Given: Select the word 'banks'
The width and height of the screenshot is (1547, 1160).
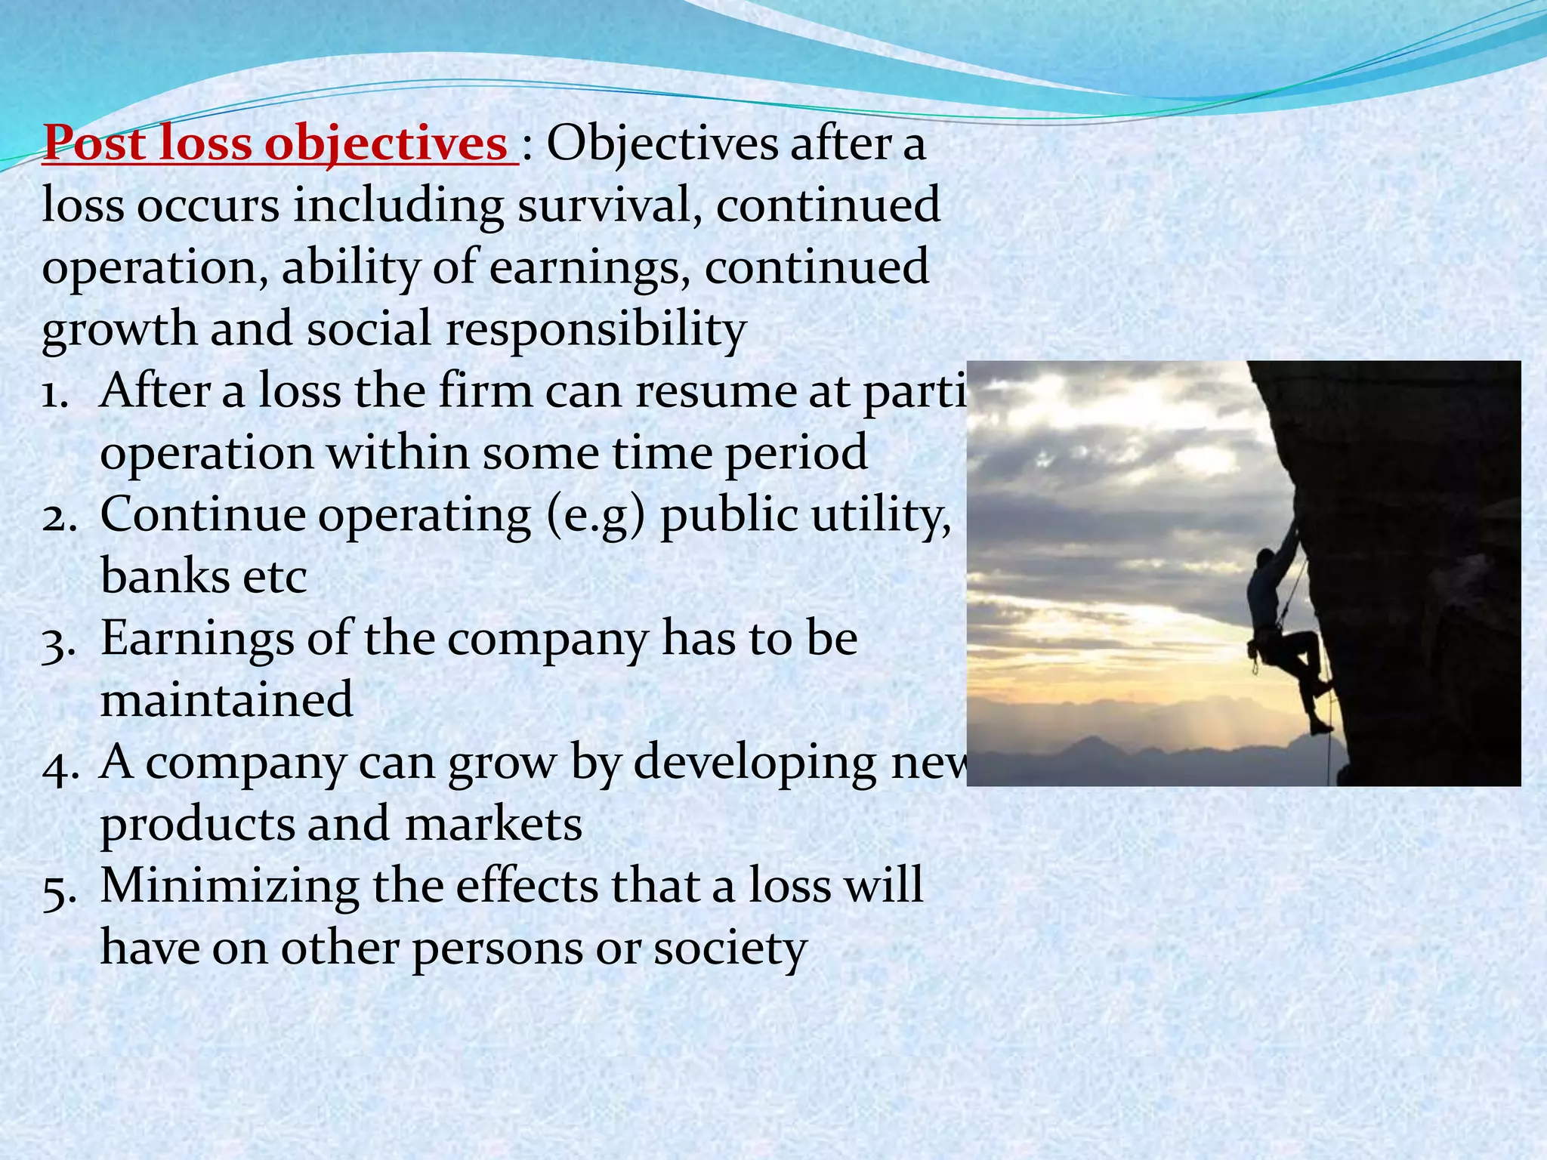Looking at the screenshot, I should [x=162, y=577].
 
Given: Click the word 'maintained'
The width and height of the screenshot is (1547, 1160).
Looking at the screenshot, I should [x=227, y=699].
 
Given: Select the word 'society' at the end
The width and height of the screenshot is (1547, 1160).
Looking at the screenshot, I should [x=730, y=949].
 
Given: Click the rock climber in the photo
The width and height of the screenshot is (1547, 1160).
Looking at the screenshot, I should [x=1280, y=634].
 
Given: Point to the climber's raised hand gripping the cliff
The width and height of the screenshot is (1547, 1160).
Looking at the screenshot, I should [x=1294, y=529].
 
